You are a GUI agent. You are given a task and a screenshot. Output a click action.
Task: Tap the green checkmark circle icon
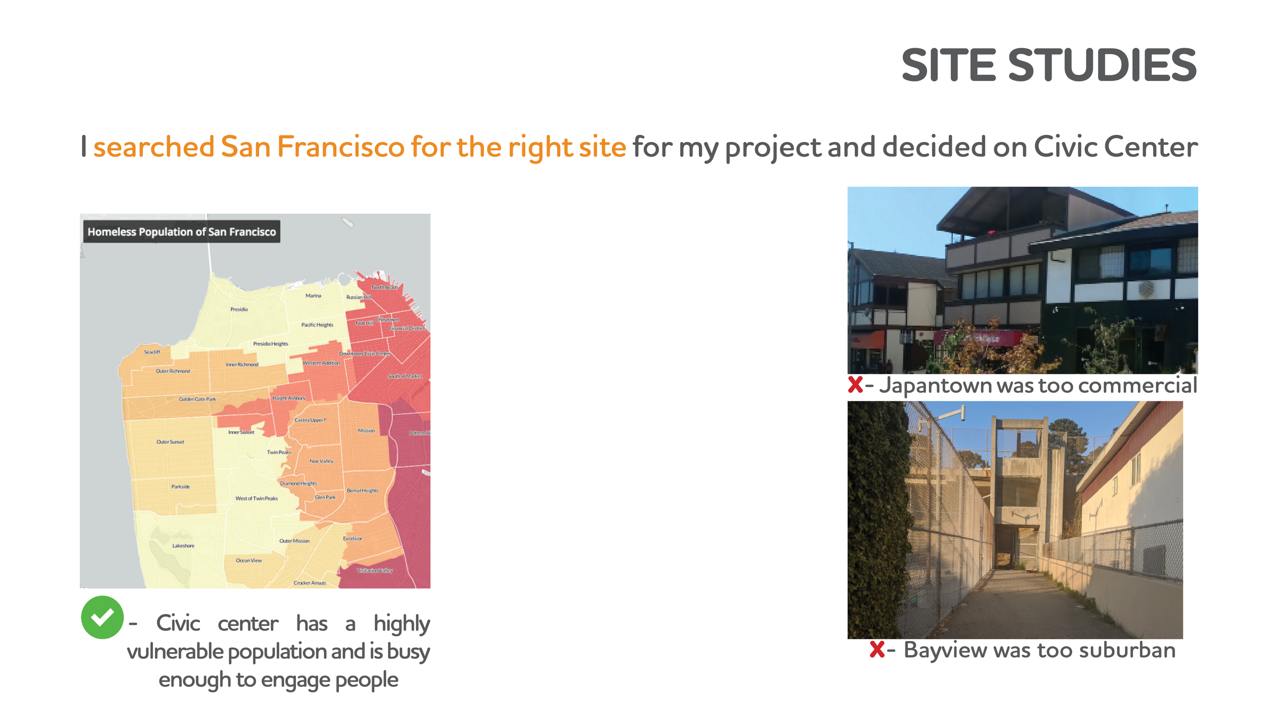[102, 617]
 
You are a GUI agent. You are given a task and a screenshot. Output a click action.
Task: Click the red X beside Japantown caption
[855, 385]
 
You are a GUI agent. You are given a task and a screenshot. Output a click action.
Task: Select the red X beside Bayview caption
[877, 649]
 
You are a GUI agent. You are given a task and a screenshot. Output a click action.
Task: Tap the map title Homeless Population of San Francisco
[181, 232]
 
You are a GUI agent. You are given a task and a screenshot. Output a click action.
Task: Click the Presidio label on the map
[239, 309]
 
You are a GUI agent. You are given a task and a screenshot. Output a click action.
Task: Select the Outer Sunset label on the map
[170, 442]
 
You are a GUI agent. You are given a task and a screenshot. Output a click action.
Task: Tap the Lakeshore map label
[183, 546]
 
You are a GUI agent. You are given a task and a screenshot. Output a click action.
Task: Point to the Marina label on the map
[313, 296]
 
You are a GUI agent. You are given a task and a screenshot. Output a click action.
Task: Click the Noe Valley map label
[321, 461]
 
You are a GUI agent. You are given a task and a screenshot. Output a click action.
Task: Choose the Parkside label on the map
[180, 487]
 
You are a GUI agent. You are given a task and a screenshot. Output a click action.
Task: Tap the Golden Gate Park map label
[197, 399]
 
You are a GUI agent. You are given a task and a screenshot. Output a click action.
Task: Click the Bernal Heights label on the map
[362, 491]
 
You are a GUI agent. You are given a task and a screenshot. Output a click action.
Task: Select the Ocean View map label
[248, 560]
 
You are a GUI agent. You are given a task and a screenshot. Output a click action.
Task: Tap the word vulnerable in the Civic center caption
[175, 652]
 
